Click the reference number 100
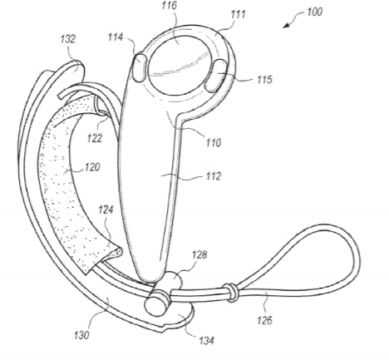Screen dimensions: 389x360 315,12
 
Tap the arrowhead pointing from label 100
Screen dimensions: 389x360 287,25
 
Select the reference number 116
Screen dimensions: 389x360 170,5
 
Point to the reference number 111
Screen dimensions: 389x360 238,14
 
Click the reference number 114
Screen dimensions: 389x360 116,37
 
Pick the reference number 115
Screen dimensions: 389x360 264,79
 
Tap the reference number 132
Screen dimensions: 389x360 68,39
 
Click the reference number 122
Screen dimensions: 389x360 95,138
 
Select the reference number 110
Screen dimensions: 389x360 213,142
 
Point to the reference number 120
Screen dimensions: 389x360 92,167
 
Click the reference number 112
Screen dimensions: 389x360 213,176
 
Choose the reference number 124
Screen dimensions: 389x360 106,210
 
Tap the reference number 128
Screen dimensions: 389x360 199,254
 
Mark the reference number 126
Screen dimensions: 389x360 264,320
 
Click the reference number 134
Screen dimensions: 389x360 206,340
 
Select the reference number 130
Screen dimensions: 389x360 81,335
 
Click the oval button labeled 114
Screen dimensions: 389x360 140,67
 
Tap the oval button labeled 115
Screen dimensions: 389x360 215,76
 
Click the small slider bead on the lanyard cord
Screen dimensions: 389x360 231,293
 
